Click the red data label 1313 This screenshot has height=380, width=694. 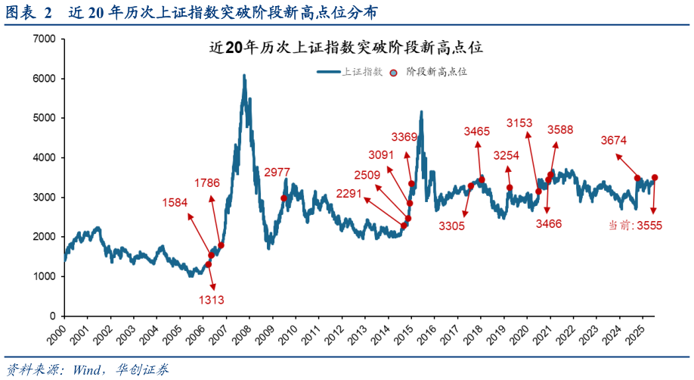click(x=212, y=301)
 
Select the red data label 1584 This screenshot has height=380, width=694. click(x=175, y=202)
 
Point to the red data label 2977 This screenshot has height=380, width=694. click(x=277, y=173)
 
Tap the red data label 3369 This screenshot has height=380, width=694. click(x=404, y=137)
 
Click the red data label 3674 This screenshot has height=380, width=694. click(x=614, y=141)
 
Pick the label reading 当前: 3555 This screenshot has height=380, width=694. click(x=635, y=226)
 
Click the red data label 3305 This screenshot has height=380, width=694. click(x=452, y=226)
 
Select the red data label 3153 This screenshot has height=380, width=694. click(x=519, y=123)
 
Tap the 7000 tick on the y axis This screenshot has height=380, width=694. click(x=45, y=39)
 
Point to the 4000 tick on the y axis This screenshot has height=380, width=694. click(x=45, y=157)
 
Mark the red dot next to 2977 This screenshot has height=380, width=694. click(x=283, y=198)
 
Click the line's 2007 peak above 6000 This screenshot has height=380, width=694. click(x=243, y=76)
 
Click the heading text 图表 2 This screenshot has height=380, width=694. click(x=29, y=13)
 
